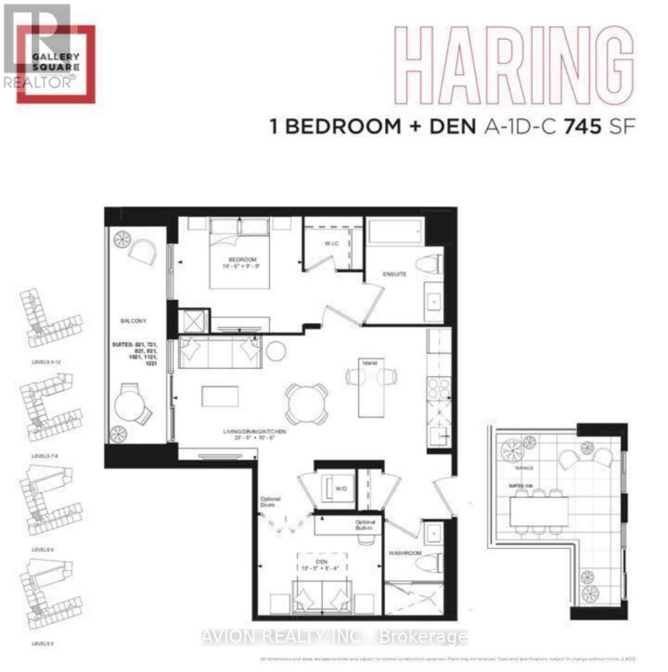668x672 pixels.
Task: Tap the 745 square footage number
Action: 582,127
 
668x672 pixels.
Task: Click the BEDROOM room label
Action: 242,260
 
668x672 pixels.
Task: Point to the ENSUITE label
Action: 394,274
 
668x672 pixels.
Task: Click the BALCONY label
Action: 133,321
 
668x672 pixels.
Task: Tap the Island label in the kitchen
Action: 370,363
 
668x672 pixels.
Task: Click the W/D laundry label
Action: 341,489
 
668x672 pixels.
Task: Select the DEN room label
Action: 321,562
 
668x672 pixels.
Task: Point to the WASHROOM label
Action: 405,553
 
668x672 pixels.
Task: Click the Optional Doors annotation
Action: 270,502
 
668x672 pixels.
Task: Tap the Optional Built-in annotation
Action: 365,525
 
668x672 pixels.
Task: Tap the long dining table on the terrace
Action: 539,510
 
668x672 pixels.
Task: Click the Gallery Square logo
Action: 55,62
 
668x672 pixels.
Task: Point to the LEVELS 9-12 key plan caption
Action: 46,362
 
